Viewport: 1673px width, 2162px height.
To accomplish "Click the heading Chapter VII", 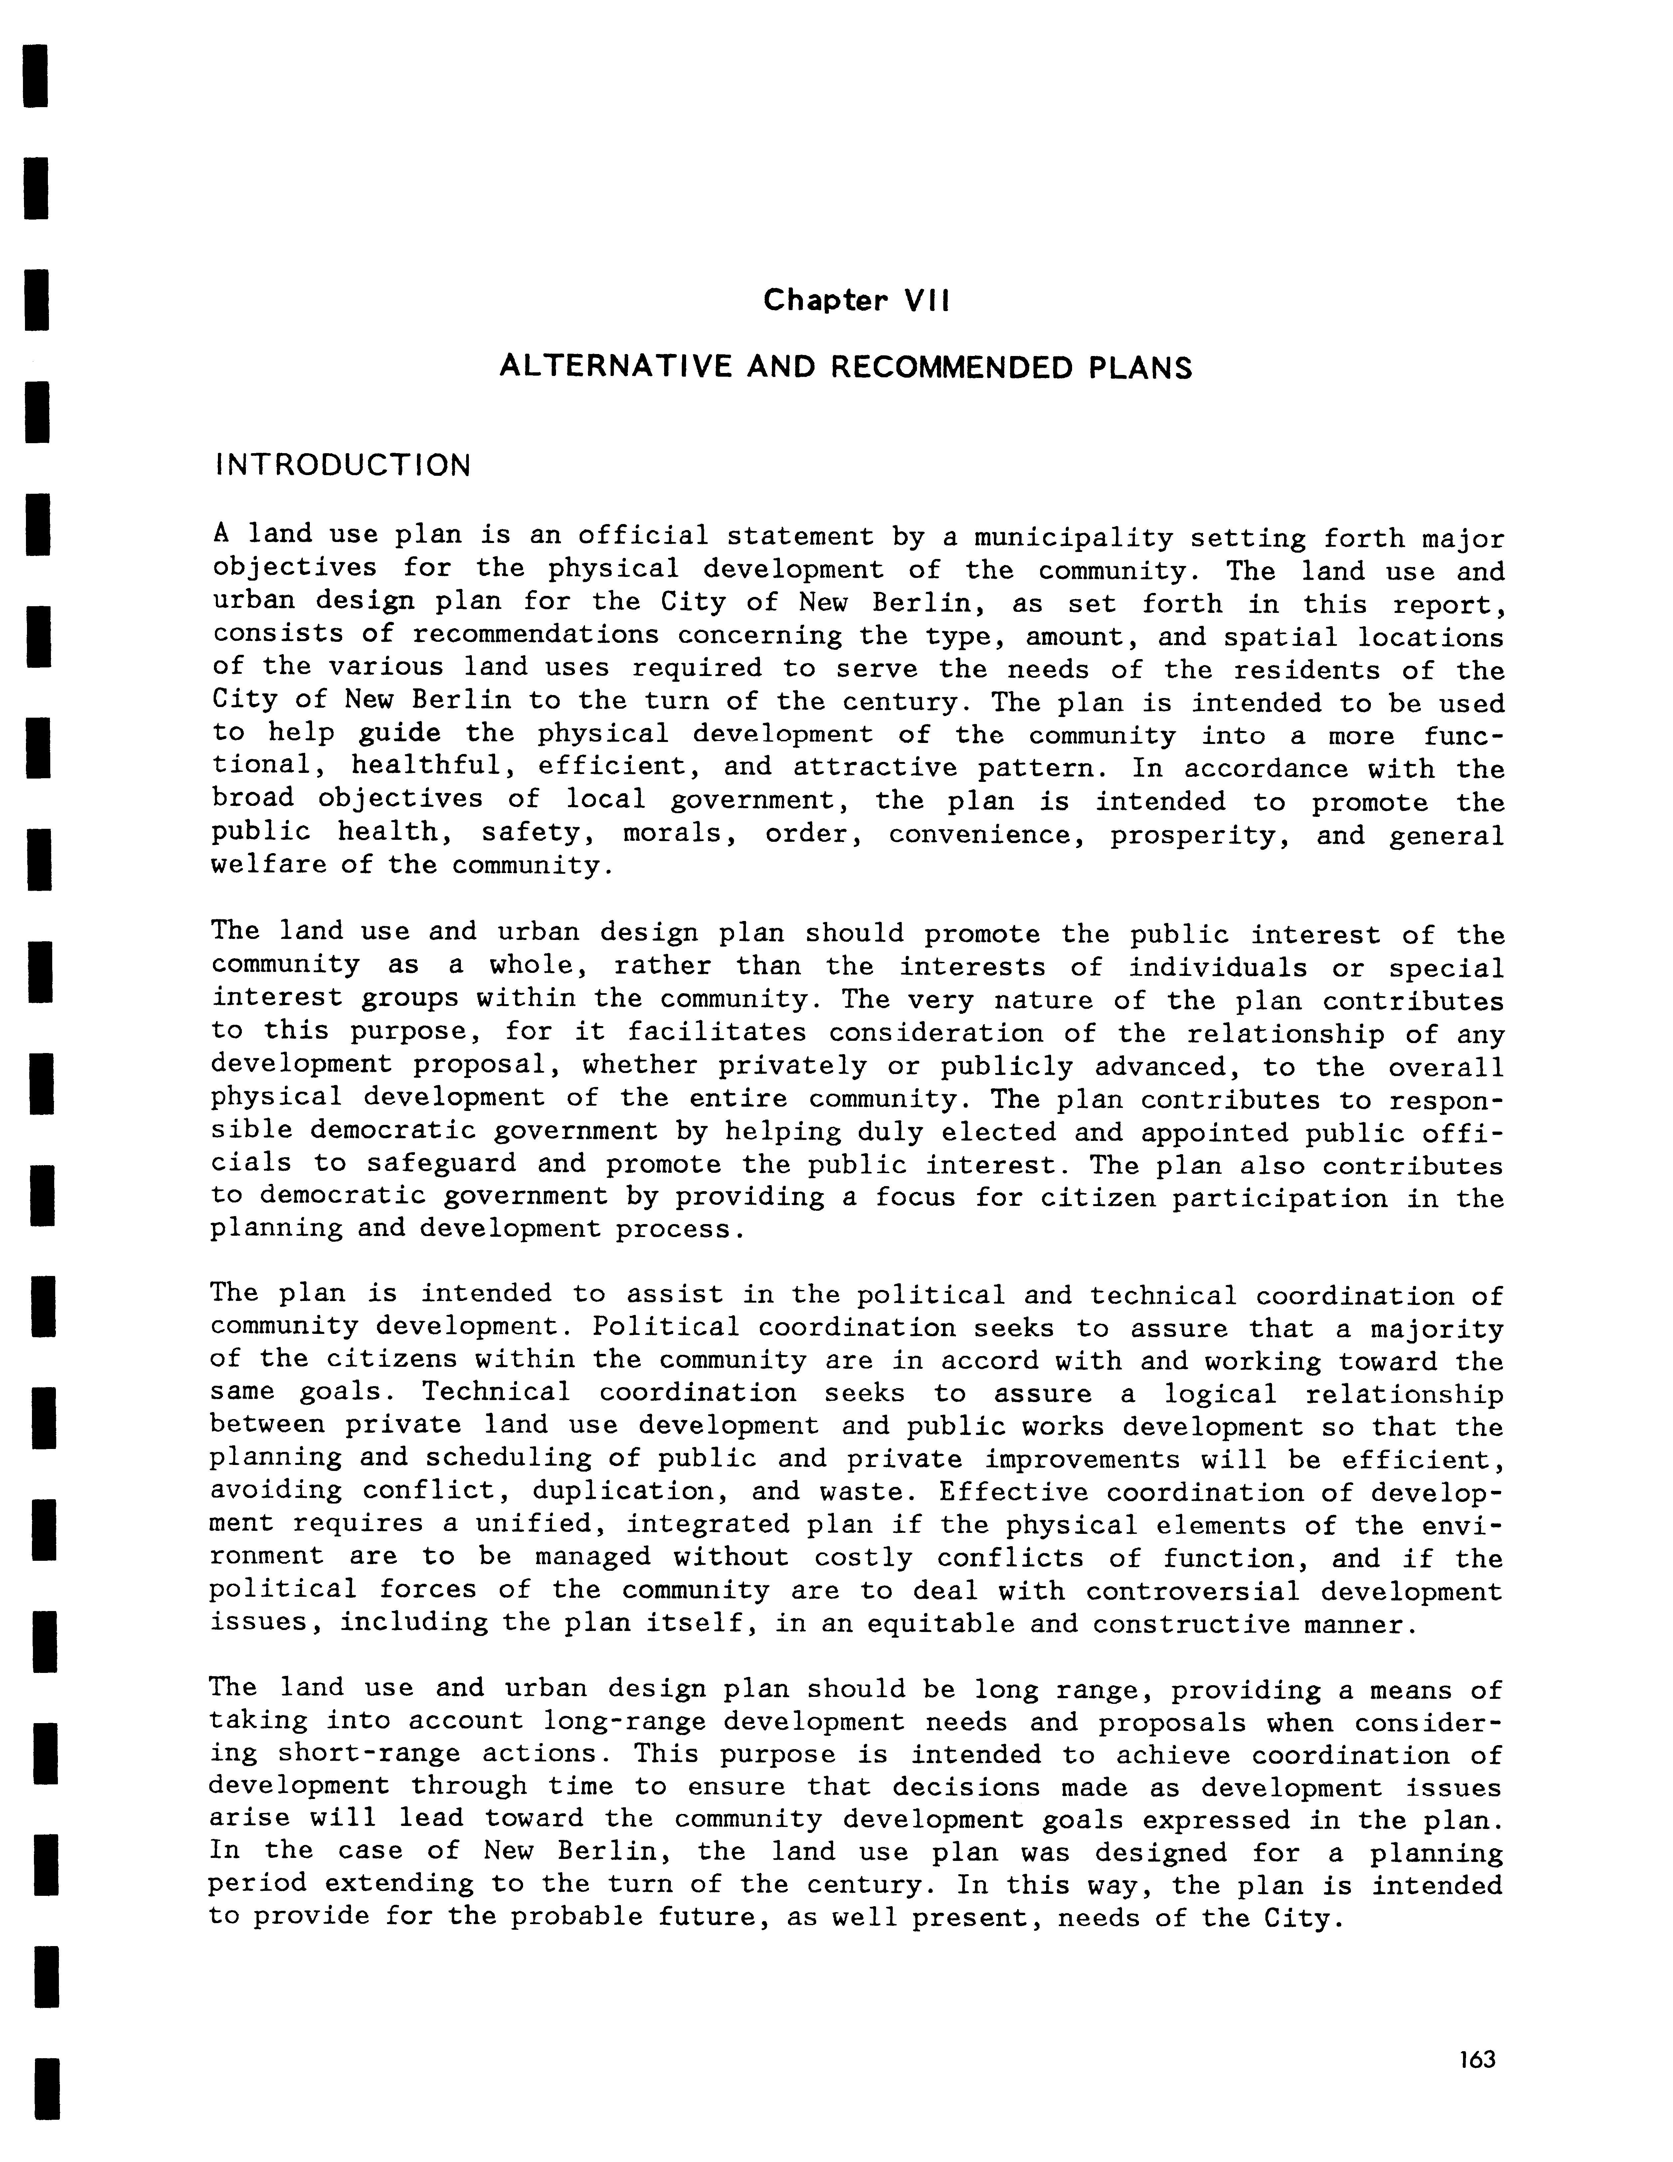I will pos(855,300).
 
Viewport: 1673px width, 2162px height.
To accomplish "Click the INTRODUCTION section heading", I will pos(342,465).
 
